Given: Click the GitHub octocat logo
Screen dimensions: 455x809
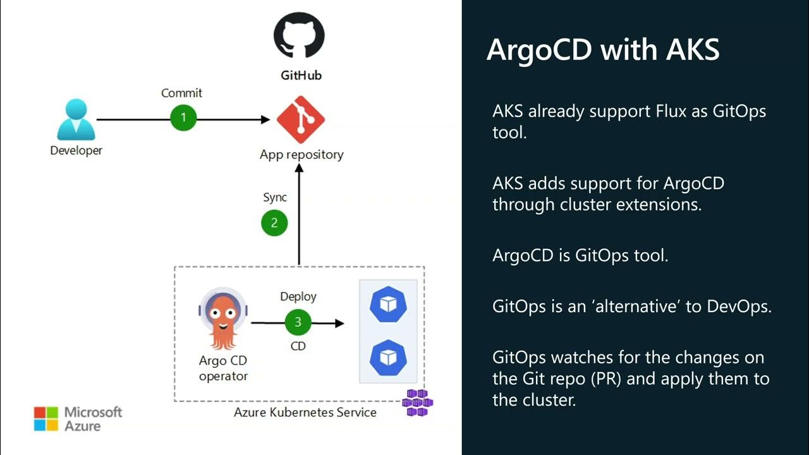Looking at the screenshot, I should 299,36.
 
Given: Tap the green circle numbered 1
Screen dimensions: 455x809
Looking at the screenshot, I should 184,118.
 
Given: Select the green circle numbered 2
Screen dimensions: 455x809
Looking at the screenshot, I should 274,222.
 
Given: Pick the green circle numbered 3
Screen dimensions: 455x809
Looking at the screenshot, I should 298,322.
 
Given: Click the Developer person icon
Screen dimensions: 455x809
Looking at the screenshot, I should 76,119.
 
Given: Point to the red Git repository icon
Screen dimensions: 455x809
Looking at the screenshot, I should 301,119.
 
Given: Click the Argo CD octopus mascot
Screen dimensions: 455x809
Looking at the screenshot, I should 222,319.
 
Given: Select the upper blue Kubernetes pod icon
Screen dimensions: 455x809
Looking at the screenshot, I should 388,305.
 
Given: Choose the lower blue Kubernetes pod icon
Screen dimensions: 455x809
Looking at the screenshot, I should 388,356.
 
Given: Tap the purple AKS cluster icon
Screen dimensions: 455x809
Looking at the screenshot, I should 417,403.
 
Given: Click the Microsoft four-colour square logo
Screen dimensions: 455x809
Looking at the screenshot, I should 46,418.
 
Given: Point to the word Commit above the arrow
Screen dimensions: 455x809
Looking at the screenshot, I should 181,93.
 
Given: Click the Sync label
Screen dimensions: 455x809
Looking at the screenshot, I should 275,197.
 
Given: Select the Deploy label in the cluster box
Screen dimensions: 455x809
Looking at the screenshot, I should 298,296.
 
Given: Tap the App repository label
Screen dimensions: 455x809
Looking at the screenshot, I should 301,154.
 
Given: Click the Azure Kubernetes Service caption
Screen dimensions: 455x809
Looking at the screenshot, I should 305,413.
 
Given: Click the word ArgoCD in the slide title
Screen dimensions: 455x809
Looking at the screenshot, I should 540,49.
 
